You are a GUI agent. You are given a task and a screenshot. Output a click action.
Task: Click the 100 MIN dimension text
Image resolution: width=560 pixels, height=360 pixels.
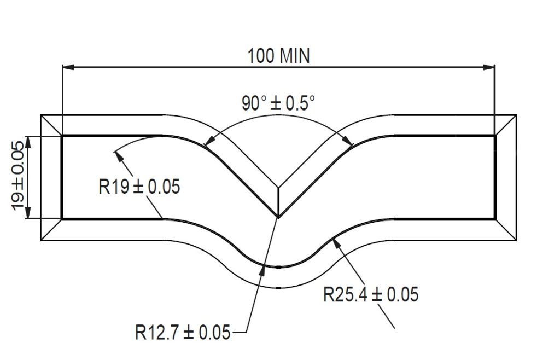coord(278,56)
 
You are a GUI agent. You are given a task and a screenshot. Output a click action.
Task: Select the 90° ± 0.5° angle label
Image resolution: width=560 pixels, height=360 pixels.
coord(278,103)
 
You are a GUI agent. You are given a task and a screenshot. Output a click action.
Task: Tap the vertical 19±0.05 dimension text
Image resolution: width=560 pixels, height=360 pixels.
coord(17,176)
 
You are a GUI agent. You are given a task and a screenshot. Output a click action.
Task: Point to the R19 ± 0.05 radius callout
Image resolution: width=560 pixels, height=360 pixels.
coord(139,187)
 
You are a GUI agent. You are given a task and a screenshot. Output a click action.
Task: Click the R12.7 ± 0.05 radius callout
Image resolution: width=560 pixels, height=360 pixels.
coord(183,332)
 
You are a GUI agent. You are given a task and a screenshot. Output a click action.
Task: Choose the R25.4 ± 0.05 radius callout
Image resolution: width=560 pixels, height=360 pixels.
coord(371,295)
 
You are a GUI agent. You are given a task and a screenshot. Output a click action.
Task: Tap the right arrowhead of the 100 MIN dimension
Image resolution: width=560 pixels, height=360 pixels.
coord(491,67)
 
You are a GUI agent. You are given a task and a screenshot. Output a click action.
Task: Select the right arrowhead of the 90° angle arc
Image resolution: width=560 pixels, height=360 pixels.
coord(351,143)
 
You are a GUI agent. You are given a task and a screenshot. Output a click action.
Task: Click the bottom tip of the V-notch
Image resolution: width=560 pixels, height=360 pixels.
coord(278,218)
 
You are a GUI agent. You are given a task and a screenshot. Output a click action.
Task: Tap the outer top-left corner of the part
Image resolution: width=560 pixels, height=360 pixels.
coord(42,115)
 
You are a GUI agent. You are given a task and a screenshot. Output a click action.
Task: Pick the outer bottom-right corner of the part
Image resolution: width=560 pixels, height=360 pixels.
coord(516,240)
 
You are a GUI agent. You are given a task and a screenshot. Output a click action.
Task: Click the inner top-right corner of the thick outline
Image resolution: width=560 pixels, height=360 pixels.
coord(495,135)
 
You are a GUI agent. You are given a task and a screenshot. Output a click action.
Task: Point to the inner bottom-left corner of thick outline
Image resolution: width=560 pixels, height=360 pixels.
coord(62,218)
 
